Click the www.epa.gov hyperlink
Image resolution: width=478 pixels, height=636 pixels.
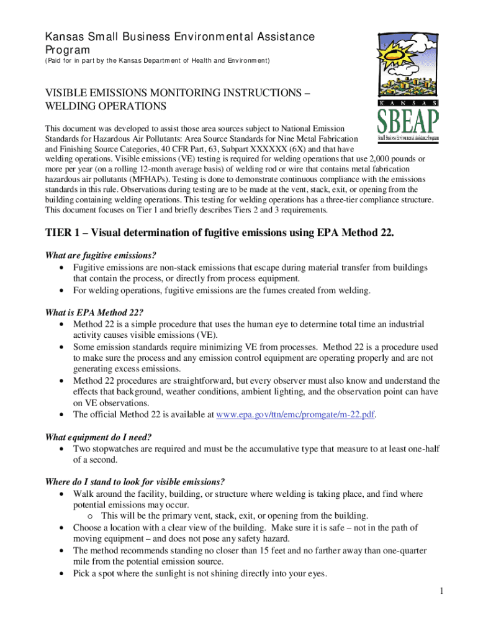[295, 415]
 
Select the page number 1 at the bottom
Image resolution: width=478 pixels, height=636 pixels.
[440, 591]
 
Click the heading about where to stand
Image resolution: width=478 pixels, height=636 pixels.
[135, 482]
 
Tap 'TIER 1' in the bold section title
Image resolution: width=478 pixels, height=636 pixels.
[64, 232]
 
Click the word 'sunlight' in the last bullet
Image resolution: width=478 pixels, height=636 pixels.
[178, 574]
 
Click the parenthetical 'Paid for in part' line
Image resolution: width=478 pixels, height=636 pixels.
[156, 61]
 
